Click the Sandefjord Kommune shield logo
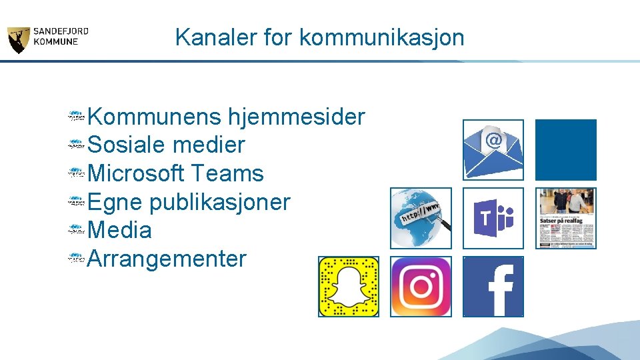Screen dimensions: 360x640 pyautogui.click(x=18, y=41)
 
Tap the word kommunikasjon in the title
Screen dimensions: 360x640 pyautogui.click(x=382, y=37)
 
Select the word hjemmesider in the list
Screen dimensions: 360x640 pyautogui.click(x=297, y=117)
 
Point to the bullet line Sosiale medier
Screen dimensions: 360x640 pyautogui.click(x=166, y=145)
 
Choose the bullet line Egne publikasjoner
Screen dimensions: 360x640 pyautogui.click(x=189, y=202)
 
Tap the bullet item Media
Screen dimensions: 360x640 pyautogui.click(x=119, y=231)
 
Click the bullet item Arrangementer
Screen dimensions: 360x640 pyautogui.click(x=167, y=259)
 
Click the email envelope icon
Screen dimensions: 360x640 pyautogui.click(x=493, y=150)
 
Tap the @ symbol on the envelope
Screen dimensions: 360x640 pyautogui.click(x=493, y=140)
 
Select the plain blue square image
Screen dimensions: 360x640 pyautogui.click(x=565, y=150)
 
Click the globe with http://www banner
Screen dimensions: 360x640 pyautogui.click(x=421, y=218)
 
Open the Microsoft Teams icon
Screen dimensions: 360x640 pyautogui.click(x=493, y=218)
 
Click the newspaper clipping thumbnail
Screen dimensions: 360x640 pyautogui.click(x=565, y=218)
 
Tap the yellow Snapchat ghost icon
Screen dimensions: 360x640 pyautogui.click(x=348, y=287)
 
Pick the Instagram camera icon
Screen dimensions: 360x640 pyautogui.click(x=421, y=287)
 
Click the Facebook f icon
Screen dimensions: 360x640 pyautogui.click(x=493, y=287)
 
